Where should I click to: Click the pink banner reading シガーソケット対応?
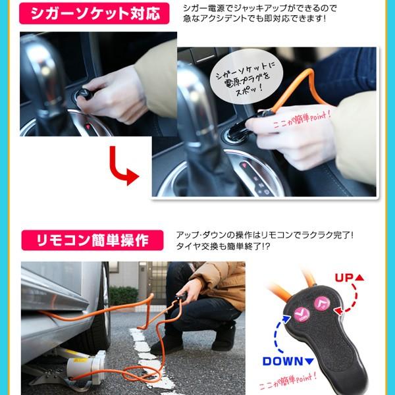click(94, 13)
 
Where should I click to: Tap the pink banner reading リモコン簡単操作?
click(92, 240)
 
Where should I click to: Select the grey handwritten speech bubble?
click(246, 77)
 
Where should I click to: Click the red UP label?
click(349, 278)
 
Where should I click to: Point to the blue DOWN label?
click(288, 361)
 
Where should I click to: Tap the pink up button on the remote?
click(322, 303)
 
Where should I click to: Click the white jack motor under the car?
click(86, 366)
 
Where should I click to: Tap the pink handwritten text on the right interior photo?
click(302, 120)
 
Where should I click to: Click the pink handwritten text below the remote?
click(288, 382)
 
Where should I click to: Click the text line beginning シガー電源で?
click(260, 9)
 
